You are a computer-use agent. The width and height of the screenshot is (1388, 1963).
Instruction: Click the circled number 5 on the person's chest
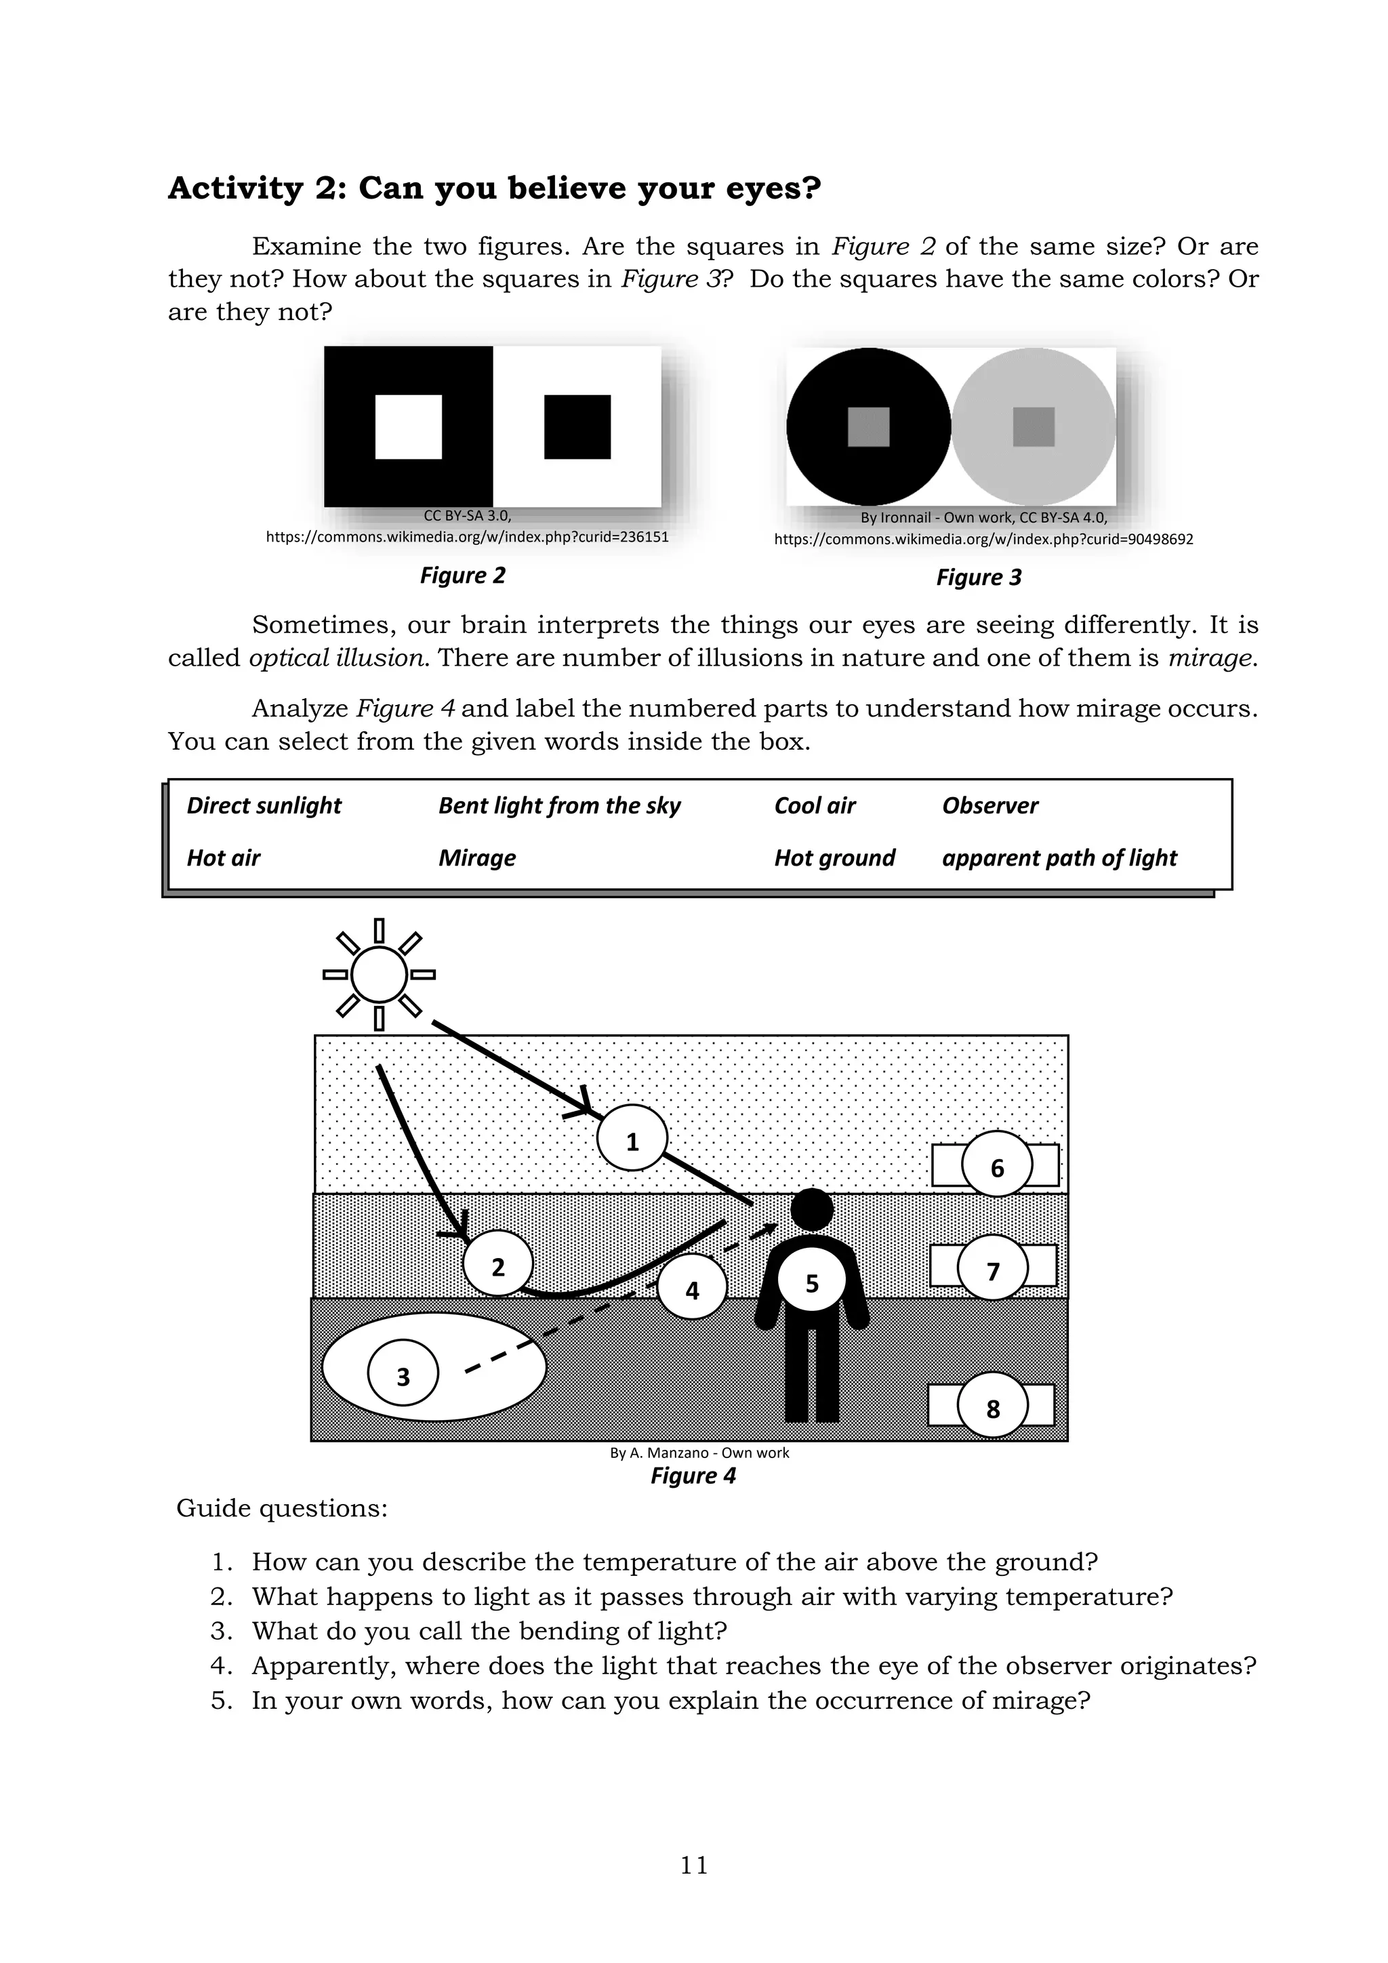click(811, 1282)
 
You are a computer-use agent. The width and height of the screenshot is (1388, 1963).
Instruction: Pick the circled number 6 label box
click(996, 1166)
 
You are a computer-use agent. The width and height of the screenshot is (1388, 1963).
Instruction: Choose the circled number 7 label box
click(993, 1272)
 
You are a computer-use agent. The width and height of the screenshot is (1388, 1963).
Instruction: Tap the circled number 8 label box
click(992, 1407)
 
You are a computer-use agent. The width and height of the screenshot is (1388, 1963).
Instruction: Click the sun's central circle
click(379, 974)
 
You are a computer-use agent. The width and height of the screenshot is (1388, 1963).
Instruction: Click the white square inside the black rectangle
click(409, 426)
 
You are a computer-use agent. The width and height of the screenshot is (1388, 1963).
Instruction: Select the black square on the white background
click(577, 426)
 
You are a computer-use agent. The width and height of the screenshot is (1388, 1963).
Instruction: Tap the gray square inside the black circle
click(868, 426)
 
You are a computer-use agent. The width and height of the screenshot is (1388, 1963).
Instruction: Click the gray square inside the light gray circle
click(1034, 426)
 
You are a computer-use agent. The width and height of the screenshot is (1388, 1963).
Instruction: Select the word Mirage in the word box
click(477, 857)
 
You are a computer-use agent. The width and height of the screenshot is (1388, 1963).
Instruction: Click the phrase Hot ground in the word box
click(834, 857)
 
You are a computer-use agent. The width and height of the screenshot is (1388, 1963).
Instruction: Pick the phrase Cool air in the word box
click(815, 805)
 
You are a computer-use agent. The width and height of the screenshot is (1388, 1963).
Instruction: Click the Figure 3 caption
click(979, 577)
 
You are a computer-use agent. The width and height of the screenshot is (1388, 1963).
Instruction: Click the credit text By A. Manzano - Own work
click(699, 1453)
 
